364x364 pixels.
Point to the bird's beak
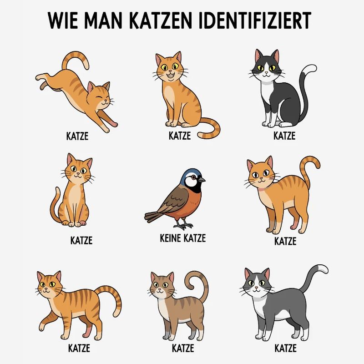(202, 180)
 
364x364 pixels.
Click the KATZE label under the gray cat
(285, 349)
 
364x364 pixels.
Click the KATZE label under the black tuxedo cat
(284, 136)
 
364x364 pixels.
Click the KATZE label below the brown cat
(183, 349)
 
